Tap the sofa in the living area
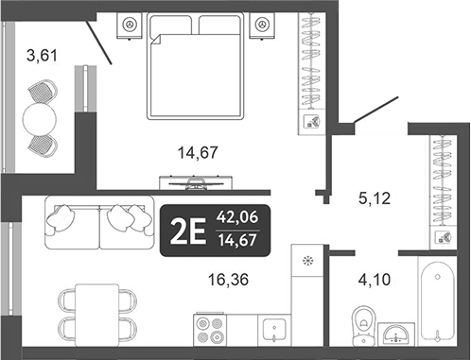tap(98, 223)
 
